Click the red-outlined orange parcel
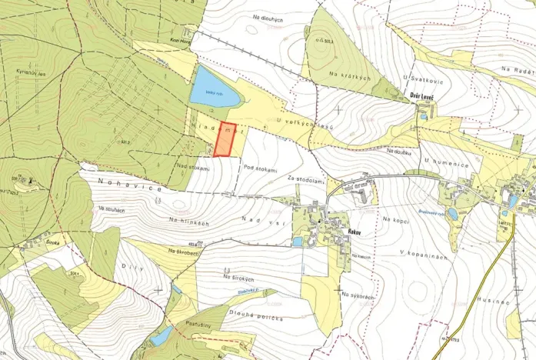point(224,140)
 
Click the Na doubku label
point(399,151)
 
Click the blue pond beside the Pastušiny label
point(161,335)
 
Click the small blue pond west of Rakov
point(298,241)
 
